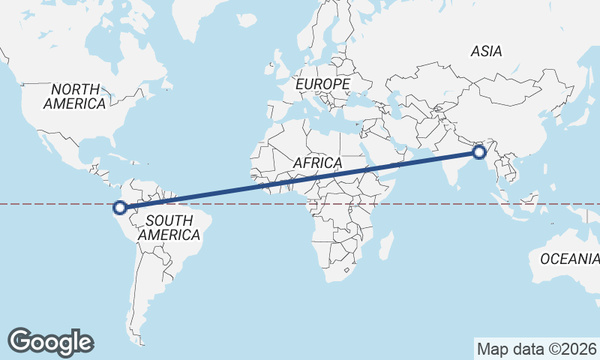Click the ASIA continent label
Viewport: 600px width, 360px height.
click(486, 51)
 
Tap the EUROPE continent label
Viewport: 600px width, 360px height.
click(322, 84)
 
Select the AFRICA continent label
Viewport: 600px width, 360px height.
click(317, 163)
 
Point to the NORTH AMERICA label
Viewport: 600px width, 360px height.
click(74, 97)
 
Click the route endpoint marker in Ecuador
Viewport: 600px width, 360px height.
click(119, 208)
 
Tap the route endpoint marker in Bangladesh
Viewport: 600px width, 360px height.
click(479, 154)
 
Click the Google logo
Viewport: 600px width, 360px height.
click(51, 341)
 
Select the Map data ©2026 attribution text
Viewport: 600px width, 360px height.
click(536, 349)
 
